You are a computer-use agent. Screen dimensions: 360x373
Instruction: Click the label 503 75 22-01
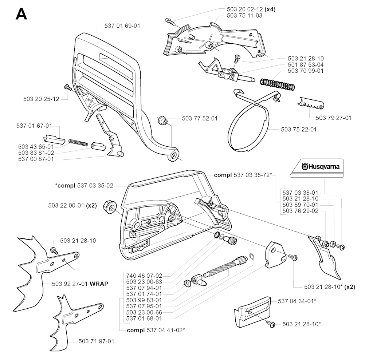coord(299,129)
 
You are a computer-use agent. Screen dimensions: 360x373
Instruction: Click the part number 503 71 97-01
coord(97,341)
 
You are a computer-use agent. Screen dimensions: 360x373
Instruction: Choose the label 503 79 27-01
coord(334,118)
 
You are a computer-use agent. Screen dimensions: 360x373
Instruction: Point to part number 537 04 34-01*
coord(297,301)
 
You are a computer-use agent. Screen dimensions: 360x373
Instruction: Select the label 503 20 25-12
coord(40,99)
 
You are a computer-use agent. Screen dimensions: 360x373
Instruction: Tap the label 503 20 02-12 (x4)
coord(251,9)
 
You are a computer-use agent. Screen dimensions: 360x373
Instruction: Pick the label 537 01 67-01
coord(35,126)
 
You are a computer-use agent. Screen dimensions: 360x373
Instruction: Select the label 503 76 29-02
coord(300,211)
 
